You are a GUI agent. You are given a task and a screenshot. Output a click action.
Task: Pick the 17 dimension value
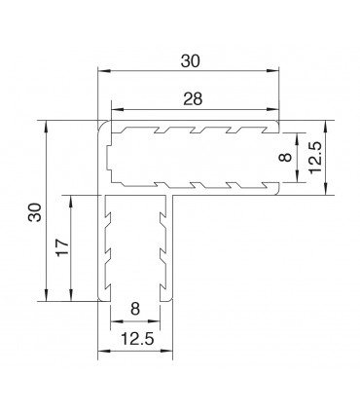[61, 249]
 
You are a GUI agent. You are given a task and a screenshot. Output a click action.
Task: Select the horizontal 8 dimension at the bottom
[135, 309]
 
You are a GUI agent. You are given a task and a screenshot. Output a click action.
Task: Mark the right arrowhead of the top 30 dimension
[277, 70]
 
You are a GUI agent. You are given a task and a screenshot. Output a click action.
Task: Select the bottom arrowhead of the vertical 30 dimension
[47, 298]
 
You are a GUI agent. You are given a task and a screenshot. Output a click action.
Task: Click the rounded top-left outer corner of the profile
[103, 126]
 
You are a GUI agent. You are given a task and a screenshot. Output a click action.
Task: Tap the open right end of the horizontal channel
[278, 158]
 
